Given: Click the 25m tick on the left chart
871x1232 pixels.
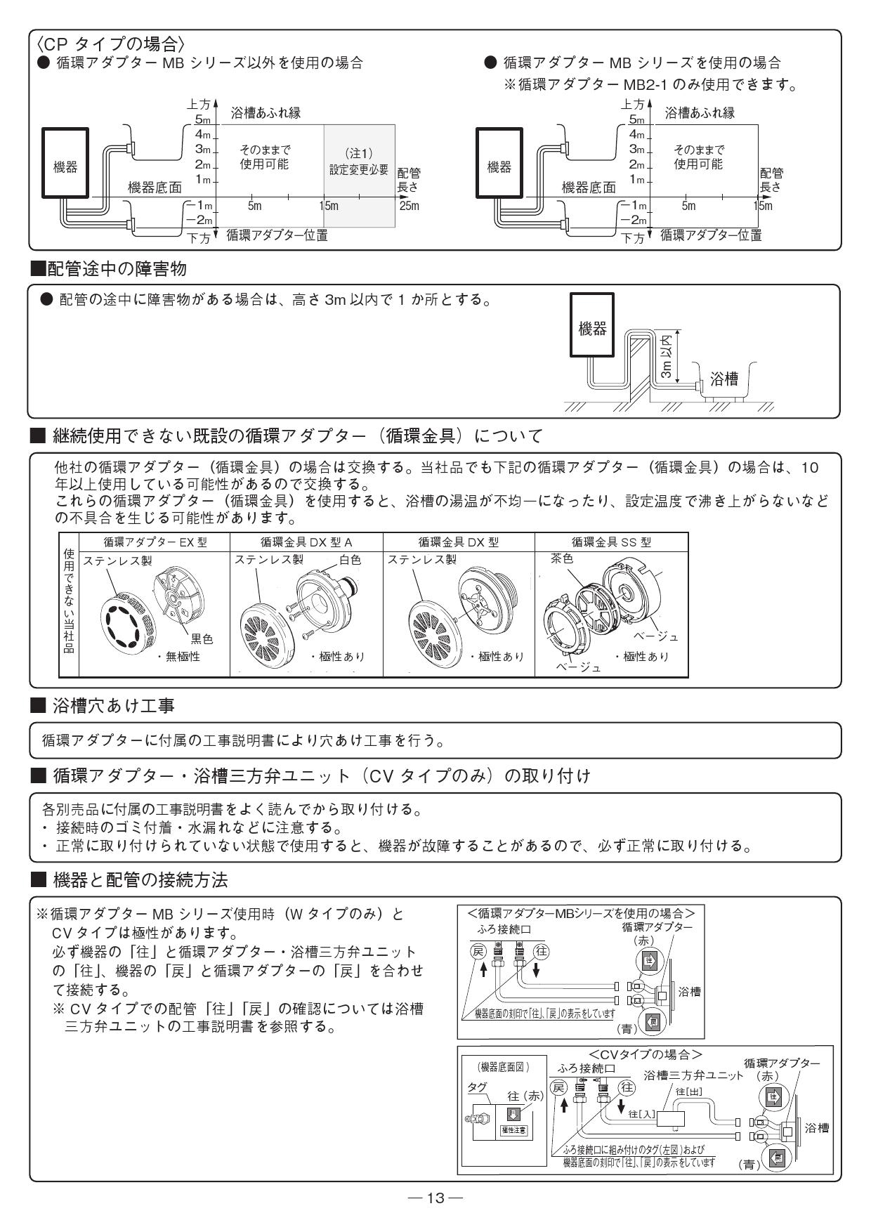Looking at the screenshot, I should coord(409,206).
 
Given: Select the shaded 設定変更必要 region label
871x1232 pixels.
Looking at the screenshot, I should coord(359,170).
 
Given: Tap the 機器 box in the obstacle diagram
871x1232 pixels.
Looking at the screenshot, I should coord(591,329).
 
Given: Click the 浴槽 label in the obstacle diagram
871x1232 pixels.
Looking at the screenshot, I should coord(724,379).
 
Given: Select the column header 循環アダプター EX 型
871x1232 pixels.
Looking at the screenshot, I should coord(155,542).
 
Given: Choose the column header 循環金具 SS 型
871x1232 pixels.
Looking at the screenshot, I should coord(610,542).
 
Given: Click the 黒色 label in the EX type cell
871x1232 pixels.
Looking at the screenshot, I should coord(202,638).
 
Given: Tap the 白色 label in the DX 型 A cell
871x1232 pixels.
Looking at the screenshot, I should coord(349,560).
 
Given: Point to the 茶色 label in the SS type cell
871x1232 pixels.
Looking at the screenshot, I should coord(562,559).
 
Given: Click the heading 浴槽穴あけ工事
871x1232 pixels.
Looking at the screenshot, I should coord(112,706).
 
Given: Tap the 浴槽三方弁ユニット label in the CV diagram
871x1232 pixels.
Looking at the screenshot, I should coord(693,1075).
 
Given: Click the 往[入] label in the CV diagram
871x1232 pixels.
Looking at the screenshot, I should coord(641,1114).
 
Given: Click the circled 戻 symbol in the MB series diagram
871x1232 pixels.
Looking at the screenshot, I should coord(478,952).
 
